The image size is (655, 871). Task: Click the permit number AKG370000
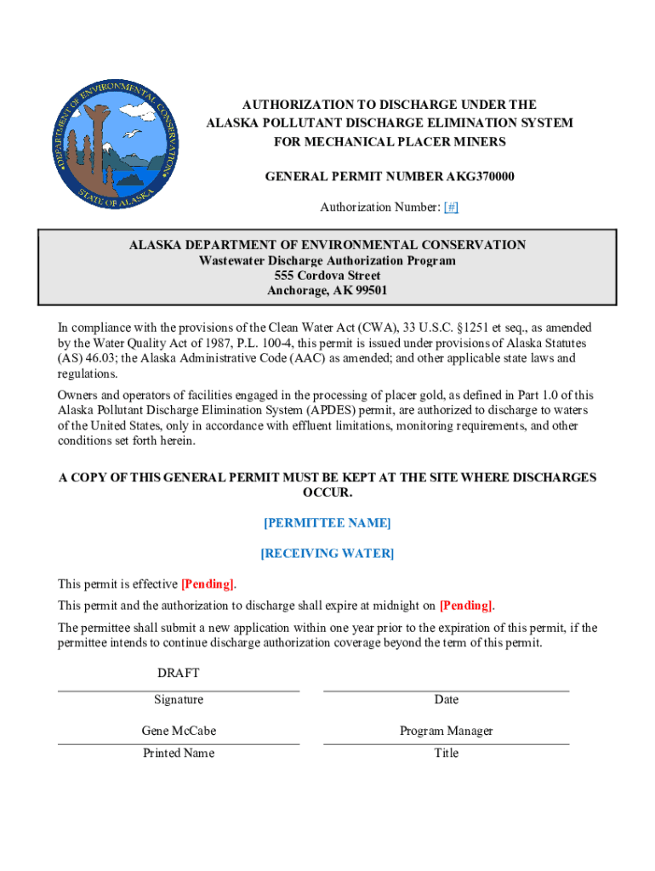coord(473,177)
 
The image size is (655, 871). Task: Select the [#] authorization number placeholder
coord(451,208)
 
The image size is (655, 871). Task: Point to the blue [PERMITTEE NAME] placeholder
coord(327,523)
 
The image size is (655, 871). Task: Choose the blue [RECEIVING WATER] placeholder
coord(327,554)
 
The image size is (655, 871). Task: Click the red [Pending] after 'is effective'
coord(208,584)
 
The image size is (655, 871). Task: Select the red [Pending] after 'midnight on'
coord(465,606)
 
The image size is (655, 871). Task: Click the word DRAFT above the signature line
coord(179,674)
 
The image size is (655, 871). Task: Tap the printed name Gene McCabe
coord(179,731)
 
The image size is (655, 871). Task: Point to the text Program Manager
coord(447,731)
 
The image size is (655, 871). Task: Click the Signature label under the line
coord(179,700)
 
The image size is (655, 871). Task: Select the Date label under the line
coord(447,700)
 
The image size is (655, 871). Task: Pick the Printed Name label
coord(179,754)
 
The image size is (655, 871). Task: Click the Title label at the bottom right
coord(447,754)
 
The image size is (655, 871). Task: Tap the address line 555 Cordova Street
coord(327,276)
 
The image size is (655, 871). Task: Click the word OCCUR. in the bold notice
coord(327,493)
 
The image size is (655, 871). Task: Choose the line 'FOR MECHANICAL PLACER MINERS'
coord(390,142)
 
